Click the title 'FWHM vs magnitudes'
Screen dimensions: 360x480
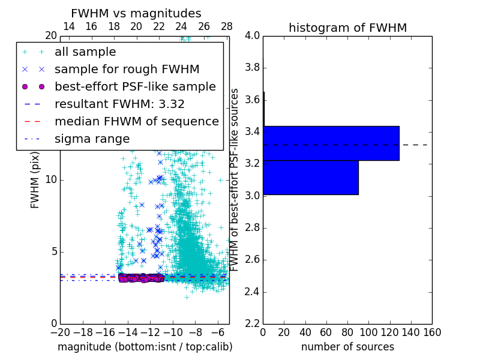click(x=136, y=13)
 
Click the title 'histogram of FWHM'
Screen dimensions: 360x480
click(x=347, y=28)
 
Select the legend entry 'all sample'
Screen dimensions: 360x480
click(x=85, y=52)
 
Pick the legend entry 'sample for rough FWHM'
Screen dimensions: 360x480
click(x=127, y=69)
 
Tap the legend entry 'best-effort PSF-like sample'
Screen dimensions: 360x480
click(x=135, y=86)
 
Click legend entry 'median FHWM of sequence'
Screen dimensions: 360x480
click(x=136, y=121)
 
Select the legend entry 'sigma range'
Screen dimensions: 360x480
click(x=92, y=139)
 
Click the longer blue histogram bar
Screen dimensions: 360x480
click(x=331, y=143)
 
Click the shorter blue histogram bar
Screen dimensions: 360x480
click(x=311, y=177)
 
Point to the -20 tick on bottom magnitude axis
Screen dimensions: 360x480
click(x=60, y=332)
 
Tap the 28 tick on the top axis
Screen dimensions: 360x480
click(x=227, y=26)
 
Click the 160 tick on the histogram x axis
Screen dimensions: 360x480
click(x=432, y=332)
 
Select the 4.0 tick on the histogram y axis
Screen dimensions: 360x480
click(x=252, y=35)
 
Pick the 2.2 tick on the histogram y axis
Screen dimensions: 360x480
click(x=252, y=324)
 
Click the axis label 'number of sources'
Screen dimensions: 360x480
click(x=347, y=347)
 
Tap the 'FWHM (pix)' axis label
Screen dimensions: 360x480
click(x=35, y=179)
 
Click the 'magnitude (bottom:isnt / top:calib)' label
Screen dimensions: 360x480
click(x=145, y=347)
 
